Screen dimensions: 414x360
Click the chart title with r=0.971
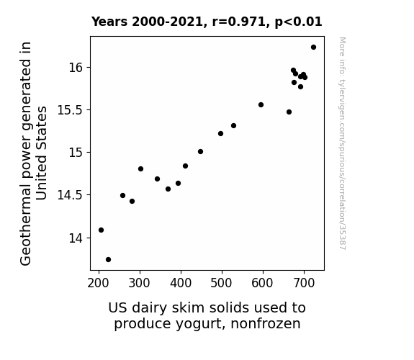[x=207, y=22]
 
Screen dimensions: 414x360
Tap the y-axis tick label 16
[x=76, y=68]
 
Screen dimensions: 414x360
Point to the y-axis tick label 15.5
[x=70, y=110]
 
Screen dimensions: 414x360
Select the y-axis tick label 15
[x=76, y=153]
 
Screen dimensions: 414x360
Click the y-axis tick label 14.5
[x=70, y=195]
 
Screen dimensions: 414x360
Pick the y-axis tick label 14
[x=76, y=238]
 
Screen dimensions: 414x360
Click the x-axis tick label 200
[x=99, y=283]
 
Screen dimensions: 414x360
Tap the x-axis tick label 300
[x=140, y=283]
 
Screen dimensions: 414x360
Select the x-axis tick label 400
[x=181, y=283]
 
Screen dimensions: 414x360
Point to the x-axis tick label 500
[x=222, y=283]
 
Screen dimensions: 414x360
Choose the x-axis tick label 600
[x=263, y=283]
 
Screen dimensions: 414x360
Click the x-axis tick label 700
[x=304, y=283]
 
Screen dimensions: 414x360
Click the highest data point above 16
[x=313, y=48]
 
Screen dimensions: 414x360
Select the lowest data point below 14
[x=108, y=260]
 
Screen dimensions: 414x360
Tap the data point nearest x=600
[x=261, y=105]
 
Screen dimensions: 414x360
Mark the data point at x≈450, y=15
[x=200, y=152]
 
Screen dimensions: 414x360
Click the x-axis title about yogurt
[x=207, y=316]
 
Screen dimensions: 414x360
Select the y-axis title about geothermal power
[x=33, y=153]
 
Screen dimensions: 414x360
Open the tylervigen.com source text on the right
[x=342, y=143]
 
